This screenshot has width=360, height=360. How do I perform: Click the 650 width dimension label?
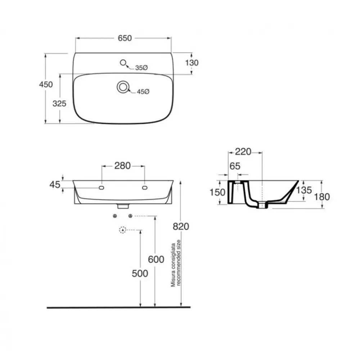tap(125, 38)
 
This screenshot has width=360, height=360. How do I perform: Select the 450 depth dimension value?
tap(46, 85)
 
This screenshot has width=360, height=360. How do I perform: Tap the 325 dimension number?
tap(59, 104)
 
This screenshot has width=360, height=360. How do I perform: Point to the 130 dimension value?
tap(192, 63)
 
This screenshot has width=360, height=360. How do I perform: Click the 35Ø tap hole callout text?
tap(141, 68)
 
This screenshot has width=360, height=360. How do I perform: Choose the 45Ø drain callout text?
tap(143, 91)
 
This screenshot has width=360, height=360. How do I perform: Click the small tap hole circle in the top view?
tap(123, 62)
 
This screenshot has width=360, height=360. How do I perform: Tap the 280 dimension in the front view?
tap(123, 166)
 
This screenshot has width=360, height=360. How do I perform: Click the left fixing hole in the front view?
tap(101, 188)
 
